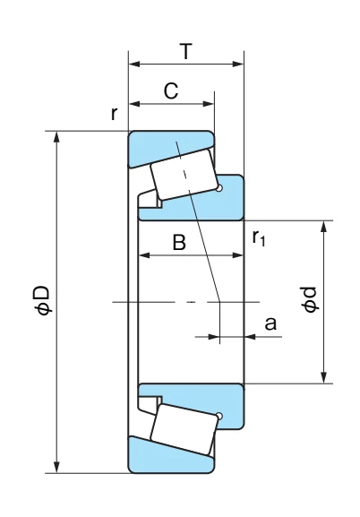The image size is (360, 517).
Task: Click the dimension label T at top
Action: coord(186,51)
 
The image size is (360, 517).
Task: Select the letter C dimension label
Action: coord(171,90)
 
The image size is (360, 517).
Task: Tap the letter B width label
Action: coord(179,243)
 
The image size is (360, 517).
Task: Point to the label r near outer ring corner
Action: coord(114,114)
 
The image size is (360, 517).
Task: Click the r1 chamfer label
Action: coord(259,237)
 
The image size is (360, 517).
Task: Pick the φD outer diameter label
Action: coord(43,300)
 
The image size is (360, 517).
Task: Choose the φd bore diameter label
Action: coord(310,299)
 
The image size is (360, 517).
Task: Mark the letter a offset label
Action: coord(270,323)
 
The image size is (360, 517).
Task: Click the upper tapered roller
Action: coord(184,175)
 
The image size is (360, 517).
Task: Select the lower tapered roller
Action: coord(184,429)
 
